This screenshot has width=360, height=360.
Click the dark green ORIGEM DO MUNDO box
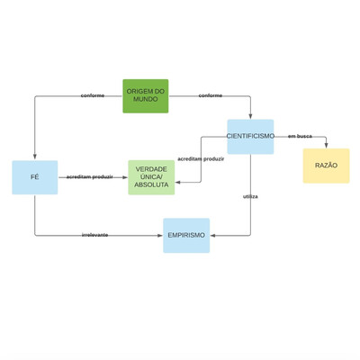(x=146, y=96)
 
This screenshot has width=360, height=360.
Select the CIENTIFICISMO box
(x=250, y=137)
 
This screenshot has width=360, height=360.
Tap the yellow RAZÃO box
(x=326, y=166)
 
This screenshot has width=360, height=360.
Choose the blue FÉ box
(x=35, y=177)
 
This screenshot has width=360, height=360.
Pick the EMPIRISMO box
(x=186, y=236)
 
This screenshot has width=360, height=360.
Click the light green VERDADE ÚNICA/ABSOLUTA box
(x=151, y=177)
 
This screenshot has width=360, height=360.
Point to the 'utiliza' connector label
(x=250, y=197)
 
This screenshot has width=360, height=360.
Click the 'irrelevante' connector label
(x=94, y=235)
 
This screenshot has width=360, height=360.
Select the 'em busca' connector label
(x=300, y=136)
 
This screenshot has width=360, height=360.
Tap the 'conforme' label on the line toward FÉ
(x=93, y=95)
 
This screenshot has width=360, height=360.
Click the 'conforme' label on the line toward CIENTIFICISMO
(x=211, y=95)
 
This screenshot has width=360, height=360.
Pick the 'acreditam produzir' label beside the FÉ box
(x=90, y=177)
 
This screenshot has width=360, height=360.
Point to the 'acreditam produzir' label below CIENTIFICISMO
(x=201, y=159)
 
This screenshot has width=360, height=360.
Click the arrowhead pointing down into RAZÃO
(x=326, y=146)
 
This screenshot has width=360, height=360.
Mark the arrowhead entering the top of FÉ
(x=35, y=157)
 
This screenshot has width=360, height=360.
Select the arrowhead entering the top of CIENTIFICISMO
(x=250, y=116)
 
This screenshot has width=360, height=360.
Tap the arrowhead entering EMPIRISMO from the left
(x=160, y=236)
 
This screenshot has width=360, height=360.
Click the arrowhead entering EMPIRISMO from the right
(x=212, y=236)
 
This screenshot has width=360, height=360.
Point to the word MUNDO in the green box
(x=146, y=99)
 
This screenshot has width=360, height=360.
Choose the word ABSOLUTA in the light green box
(x=151, y=184)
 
